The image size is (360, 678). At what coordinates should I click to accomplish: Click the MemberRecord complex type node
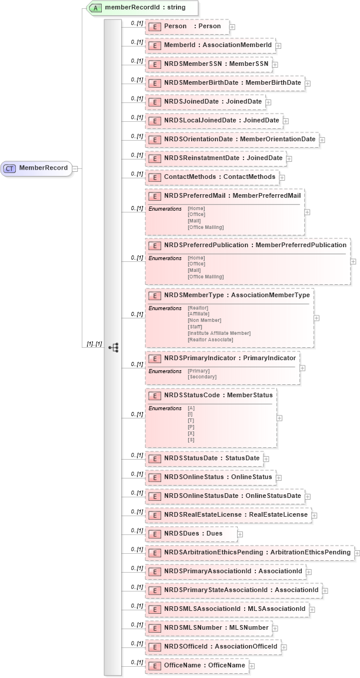click(36, 168)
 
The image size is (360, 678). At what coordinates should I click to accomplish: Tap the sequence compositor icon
click(114, 347)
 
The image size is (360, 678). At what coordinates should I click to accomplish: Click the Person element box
click(187, 26)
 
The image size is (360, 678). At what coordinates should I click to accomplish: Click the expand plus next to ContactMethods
click(282, 177)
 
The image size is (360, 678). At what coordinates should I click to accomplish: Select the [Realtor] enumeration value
click(198, 308)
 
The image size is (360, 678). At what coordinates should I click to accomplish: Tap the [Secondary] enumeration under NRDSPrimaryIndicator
click(202, 377)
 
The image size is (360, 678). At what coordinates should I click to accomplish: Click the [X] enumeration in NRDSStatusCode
click(191, 433)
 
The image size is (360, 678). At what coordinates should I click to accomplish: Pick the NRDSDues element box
click(192, 534)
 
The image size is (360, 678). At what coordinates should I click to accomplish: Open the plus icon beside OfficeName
click(252, 666)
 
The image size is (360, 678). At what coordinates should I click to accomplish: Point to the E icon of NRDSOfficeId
click(154, 647)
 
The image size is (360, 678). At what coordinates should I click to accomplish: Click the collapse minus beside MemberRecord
click(75, 168)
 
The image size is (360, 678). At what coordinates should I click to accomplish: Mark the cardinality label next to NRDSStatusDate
click(136, 456)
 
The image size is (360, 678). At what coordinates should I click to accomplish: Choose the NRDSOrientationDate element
click(232, 139)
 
